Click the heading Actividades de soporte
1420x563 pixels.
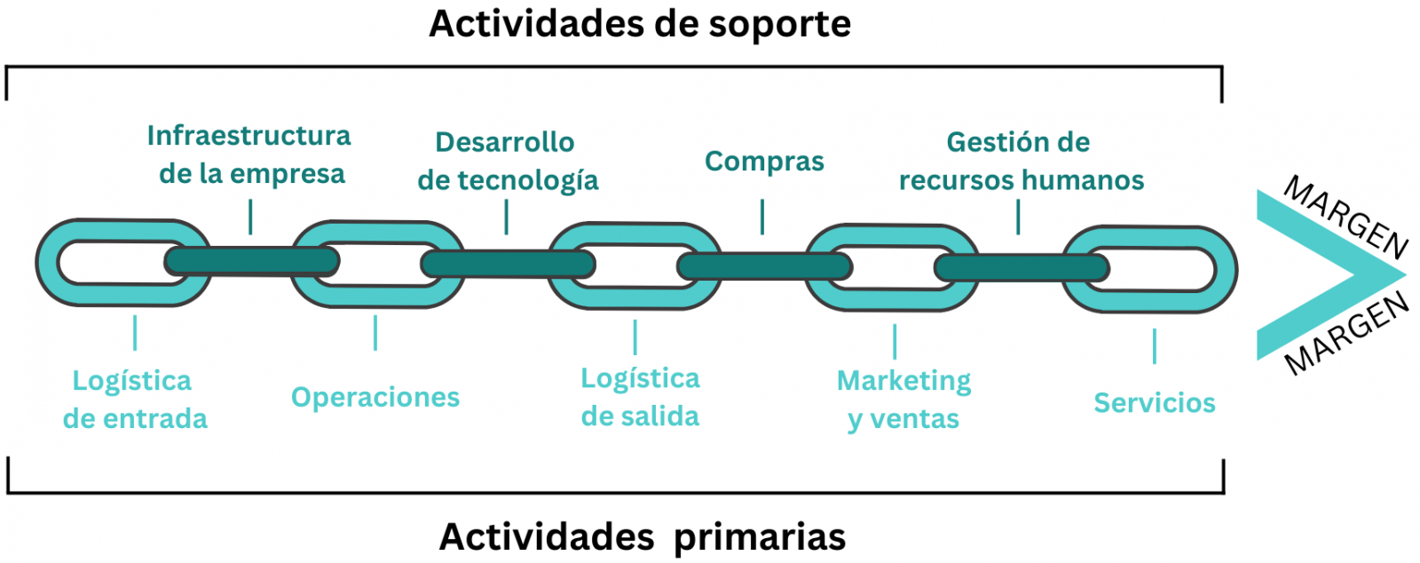coord(639,24)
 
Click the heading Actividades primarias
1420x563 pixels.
coord(643,537)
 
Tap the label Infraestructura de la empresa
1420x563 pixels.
coord(249,155)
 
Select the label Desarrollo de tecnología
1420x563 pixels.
coord(507,161)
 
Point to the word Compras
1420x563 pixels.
coord(764,162)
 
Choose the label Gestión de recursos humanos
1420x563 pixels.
coord(1021,161)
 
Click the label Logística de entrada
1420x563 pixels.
coord(134,400)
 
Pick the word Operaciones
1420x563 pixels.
coord(375,397)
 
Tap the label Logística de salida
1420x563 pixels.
coord(640,397)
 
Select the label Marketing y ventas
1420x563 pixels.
coord(903,400)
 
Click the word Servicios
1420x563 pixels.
coord(1154,403)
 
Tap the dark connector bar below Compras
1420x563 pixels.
coord(764,266)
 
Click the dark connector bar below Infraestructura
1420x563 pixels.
coord(252,261)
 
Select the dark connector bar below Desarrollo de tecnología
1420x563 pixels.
coord(508,264)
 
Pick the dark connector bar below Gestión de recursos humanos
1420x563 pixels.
coord(1021,267)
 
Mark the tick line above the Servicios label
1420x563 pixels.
coord(1154,346)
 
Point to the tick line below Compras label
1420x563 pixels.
coord(762,217)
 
